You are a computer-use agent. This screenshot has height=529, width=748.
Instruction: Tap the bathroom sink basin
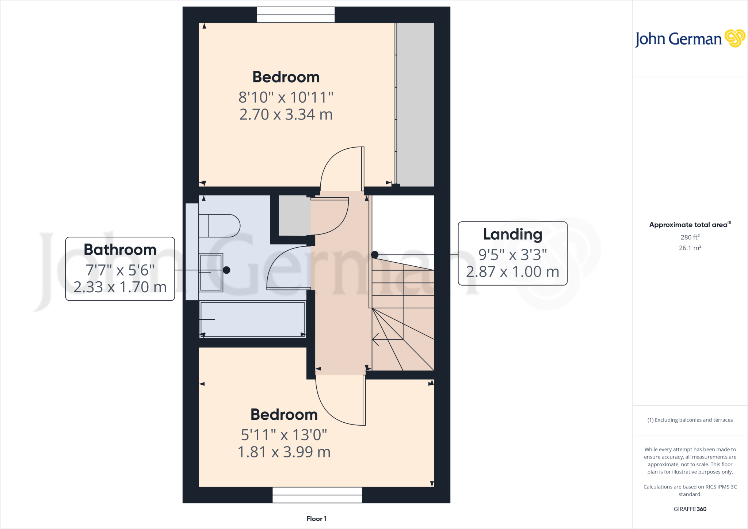point(211,273)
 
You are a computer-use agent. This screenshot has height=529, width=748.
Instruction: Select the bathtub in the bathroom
point(252,319)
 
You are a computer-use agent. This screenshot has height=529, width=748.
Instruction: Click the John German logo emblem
point(735,38)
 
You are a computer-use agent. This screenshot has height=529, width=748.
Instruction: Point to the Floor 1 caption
point(316,519)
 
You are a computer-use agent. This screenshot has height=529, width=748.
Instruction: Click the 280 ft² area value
point(690,237)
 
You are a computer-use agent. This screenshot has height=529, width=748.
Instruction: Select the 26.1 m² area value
point(690,248)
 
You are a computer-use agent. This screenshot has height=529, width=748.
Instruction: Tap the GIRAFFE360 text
point(690,509)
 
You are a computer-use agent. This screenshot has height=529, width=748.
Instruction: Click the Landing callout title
point(512,235)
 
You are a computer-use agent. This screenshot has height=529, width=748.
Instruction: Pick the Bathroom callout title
point(120,250)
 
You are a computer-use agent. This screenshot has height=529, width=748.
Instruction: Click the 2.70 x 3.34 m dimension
point(286,115)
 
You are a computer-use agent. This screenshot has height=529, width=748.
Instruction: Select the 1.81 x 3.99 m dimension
point(284,452)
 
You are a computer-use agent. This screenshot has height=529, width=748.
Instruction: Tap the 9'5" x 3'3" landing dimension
point(512,255)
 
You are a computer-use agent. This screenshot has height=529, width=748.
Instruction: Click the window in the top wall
point(296,15)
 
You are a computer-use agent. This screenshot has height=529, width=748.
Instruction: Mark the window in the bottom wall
point(317,495)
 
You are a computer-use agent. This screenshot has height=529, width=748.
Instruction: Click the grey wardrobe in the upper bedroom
point(415,104)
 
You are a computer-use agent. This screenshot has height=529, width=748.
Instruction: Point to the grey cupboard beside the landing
point(294,216)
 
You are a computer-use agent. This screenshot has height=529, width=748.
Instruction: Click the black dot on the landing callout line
point(375,255)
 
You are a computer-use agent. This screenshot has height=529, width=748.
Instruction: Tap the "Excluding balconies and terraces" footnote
point(690,420)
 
